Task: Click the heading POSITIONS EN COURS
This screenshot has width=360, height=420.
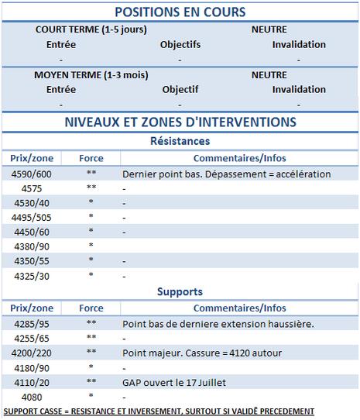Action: pos(180,12)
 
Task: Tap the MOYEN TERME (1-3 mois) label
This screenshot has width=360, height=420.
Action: pos(91,75)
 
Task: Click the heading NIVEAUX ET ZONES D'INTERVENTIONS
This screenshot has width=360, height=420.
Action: pos(180,122)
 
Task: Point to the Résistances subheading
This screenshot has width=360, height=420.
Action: pos(180,141)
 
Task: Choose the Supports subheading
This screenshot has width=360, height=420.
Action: pos(180,292)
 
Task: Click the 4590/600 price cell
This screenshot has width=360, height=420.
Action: pos(31,174)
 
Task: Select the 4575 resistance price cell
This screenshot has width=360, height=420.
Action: pos(31,188)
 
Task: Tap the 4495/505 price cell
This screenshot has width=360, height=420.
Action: pos(31,217)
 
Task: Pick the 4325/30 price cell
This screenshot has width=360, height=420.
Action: pos(31,275)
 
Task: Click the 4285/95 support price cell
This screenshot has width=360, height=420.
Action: pos(31,323)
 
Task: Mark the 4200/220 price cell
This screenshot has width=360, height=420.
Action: pos(31,353)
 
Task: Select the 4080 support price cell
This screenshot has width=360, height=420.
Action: pos(31,396)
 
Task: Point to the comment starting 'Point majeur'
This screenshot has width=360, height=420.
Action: pos(201,353)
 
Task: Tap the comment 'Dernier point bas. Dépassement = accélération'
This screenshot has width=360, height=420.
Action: pos(226,174)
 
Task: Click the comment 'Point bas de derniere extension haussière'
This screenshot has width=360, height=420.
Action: pos(218,323)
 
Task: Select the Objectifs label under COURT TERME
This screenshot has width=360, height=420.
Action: pos(180,44)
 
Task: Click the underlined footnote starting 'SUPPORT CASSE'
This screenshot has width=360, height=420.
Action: pos(159,411)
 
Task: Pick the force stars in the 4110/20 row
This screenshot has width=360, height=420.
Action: pos(91,382)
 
